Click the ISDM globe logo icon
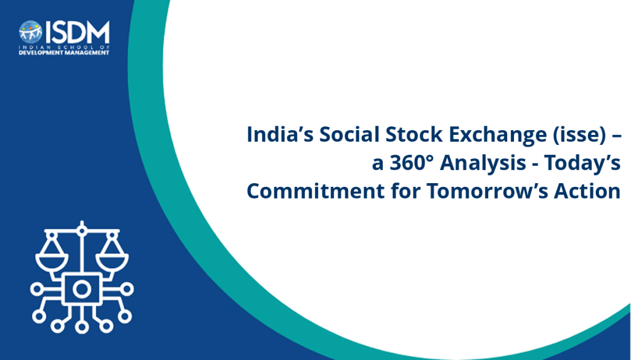[31, 32]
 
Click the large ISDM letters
[77, 32]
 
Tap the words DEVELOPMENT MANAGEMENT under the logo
[64, 53]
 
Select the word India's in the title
[280, 134]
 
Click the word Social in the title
[349, 134]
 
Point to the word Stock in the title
[414, 134]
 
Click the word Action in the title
[587, 191]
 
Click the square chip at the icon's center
[82, 288]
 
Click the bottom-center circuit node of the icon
[82, 327]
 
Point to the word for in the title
[405, 191]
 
